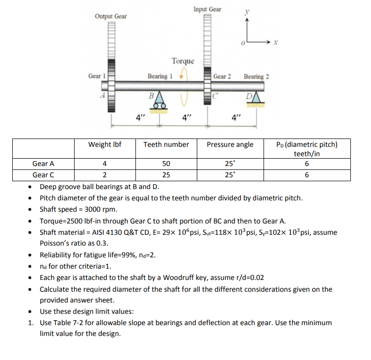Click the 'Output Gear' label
[x=110, y=17]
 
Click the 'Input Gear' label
[x=207, y=9]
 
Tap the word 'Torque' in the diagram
[x=183, y=61]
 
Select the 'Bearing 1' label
[x=160, y=76]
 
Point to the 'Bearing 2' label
[x=256, y=77]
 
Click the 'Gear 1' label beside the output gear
[x=97, y=76]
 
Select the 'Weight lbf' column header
[x=105, y=144]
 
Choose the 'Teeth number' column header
[x=166, y=144]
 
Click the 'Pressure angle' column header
[x=230, y=144]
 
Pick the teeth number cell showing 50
[x=166, y=164]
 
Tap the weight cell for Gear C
[x=105, y=174]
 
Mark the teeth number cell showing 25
[x=166, y=174]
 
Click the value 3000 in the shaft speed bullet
[x=95, y=210]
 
